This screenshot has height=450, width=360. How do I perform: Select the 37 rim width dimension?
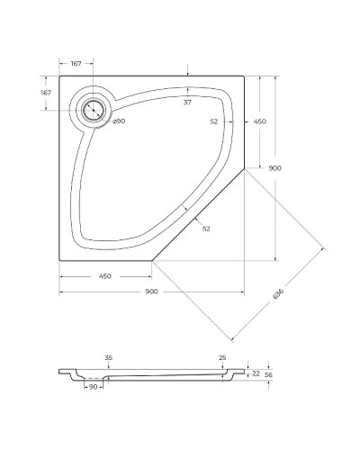tap(187, 103)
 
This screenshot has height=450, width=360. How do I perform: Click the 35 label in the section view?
tap(108, 358)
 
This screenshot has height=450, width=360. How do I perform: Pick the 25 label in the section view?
tap(222, 358)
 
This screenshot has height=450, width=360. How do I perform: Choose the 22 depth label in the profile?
tap(256, 373)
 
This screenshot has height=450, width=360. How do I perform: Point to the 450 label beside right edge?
tap(259, 121)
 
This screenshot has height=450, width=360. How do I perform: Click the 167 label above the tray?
tap(76, 63)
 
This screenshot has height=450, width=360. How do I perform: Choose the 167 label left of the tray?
tap(45, 93)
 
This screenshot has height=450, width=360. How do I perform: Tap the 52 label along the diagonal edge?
tap(206, 229)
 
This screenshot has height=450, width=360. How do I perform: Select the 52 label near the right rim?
tap(214, 121)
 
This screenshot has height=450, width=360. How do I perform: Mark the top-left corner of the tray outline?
tap(60, 76)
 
